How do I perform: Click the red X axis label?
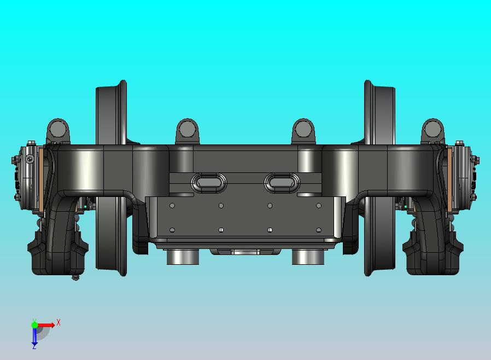click(59, 322)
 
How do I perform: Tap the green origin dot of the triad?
click(34, 324)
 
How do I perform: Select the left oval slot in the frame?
click(209, 182)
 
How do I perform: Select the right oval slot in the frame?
click(282, 182)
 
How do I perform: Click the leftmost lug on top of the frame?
click(59, 131)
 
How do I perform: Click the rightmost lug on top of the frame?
click(433, 131)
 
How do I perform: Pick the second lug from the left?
click(188, 131)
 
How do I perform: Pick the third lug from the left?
click(303, 131)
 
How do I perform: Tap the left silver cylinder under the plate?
click(183, 257)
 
